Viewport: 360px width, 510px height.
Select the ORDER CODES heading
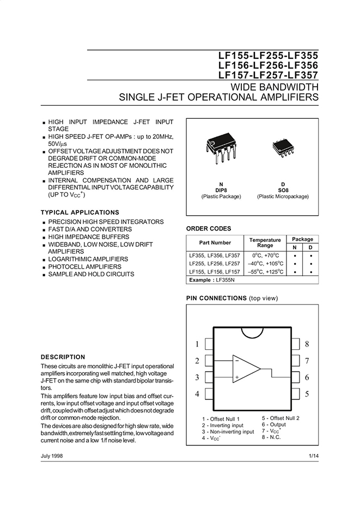(x=209, y=228)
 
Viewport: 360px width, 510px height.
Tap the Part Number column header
(x=215, y=242)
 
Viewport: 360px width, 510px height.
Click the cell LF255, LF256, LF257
(x=214, y=263)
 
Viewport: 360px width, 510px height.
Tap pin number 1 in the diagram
(x=197, y=344)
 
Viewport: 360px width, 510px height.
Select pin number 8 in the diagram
(x=307, y=344)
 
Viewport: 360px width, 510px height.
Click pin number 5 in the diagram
(x=307, y=394)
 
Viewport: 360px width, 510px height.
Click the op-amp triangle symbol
(x=246, y=368)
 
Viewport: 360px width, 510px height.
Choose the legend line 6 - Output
(x=273, y=424)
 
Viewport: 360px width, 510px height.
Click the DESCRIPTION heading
(x=63, y=357)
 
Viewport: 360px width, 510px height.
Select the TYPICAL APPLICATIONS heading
(x=80, y=212)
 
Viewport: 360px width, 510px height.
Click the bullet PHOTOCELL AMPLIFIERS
(x=84, y=267)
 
